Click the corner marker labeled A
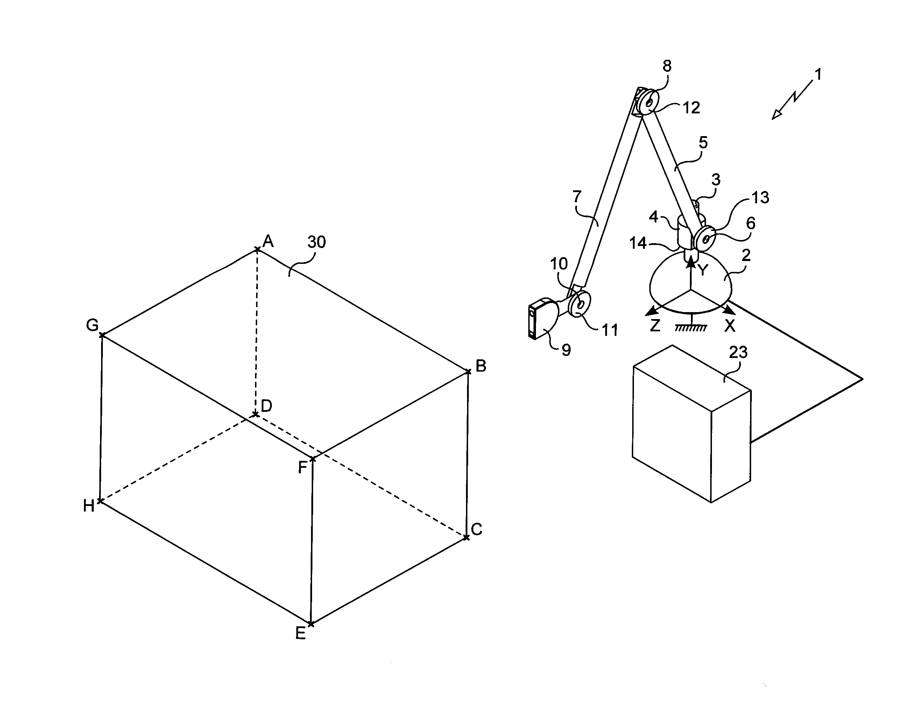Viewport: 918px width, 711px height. click(x=257, y=250)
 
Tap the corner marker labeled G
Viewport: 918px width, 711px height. click(x=102, y=335)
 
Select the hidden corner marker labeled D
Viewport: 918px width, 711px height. click(x=255, y=415)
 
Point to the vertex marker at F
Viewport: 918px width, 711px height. click(x=312, y=459)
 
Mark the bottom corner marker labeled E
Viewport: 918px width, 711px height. click(x=311, y=624)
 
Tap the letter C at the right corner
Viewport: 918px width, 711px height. click(x=476, y=529)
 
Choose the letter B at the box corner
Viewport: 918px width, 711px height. click(x=481, y=366)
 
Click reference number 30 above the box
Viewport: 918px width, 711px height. click(x=317, y=242)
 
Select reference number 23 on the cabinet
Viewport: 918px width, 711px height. click(x=738, y=352)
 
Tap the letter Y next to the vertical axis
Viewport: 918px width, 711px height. click(x=703, y=270)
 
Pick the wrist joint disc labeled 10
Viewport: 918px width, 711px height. click(x=580, y=303)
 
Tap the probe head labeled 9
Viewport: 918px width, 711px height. click(x=543, y=319)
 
